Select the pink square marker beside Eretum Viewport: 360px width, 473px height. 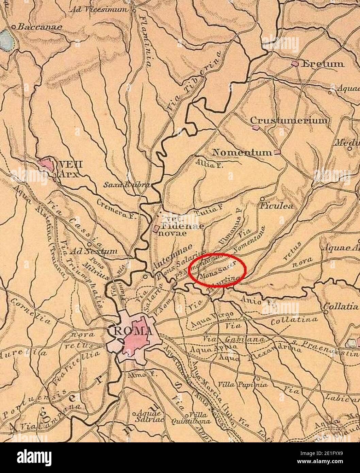tap(295, 63)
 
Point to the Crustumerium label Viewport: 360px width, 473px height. tap(289, 120)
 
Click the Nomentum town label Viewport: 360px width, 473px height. tap(242, 152)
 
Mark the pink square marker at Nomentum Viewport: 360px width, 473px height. tap(277, 152)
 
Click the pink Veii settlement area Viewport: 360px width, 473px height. tap(46, 164)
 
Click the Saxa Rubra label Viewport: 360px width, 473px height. tap(126, 185)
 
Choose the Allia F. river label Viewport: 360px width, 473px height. tap(207, 164)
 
